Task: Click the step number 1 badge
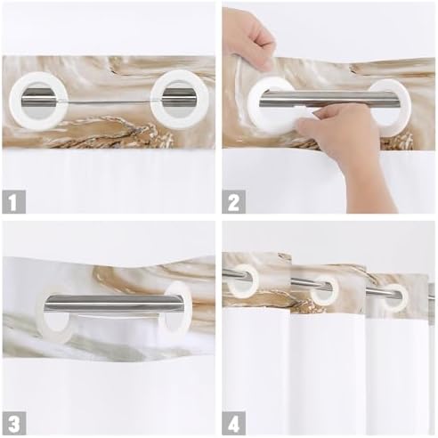tap(13, 202)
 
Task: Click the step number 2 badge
tap(234, 202)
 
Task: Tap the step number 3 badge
tap(13, 424)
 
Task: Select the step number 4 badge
tap(234, 424)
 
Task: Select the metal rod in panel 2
tap(328, 99)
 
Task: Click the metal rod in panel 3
tap(112, 304)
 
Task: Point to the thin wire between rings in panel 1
tap(109, 102)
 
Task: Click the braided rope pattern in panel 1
tap(113, 131)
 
